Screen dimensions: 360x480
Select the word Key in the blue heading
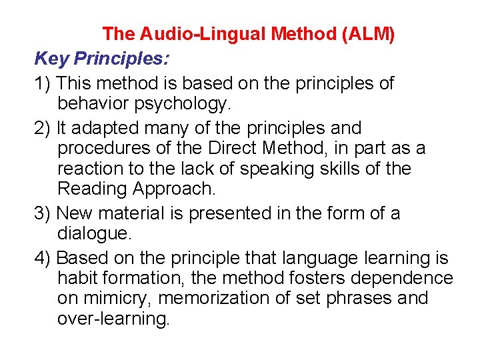click(52, 59)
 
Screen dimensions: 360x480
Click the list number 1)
click(43, 83)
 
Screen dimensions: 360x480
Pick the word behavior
click(91, 105)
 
